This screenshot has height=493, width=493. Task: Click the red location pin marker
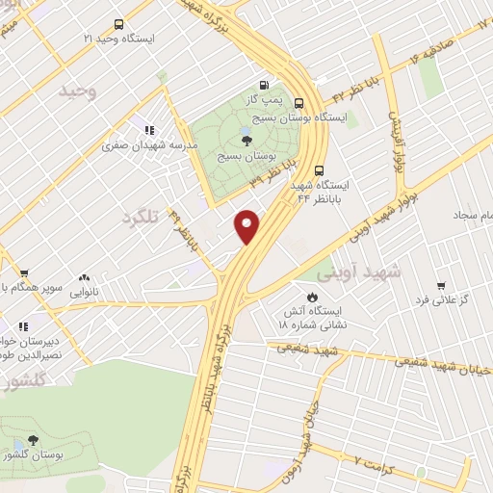click(247, 225)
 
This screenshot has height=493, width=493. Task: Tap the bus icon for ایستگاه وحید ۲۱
click(118, 24)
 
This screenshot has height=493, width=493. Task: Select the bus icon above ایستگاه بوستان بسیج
click(300, 103)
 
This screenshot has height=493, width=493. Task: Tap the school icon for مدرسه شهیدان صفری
click(149, 129)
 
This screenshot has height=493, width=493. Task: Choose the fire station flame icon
click(312, 297)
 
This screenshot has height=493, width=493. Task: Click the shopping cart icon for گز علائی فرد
click(440, 286)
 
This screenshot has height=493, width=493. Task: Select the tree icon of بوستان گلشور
click(33, 440)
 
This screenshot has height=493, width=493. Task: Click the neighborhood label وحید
click(79, 91)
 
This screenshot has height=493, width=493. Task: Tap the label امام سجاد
click(472, 210)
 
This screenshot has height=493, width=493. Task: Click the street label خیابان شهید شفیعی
click(447, 364)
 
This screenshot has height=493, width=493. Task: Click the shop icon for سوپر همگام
click(23, 273)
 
